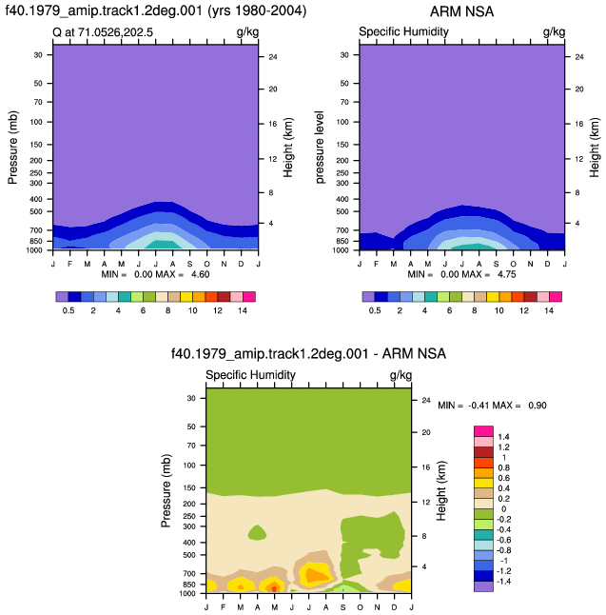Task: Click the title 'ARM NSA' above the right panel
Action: click(x=461, y=11)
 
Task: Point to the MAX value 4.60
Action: click(x=201, y=274)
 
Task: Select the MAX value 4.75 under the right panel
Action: click(x=506, y=274)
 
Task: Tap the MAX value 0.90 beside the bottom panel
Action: click(x=537, y=406)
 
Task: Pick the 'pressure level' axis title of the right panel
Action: click(x=320, y=147)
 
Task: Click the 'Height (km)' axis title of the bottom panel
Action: click(x=441, y=490)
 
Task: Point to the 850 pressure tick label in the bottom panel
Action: click(x=189, y=585)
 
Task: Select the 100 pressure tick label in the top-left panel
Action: click(x=36, y=122)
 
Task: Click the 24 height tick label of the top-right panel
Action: click(x=579, y=57)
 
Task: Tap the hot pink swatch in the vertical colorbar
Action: click(x=483, y=431)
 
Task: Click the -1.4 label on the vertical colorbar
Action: click(x=503, y=582)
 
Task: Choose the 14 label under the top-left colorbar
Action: click(x=243, y=310)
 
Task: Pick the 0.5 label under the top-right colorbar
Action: click(x=375, y=310)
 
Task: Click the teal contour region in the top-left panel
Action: click(x=164, y=245)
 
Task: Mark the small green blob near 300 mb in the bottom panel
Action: click(x=257, y=532)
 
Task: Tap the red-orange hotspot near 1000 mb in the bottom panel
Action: click(x=274, y=588)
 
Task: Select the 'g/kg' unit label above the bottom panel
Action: click(x=401, y=375)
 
